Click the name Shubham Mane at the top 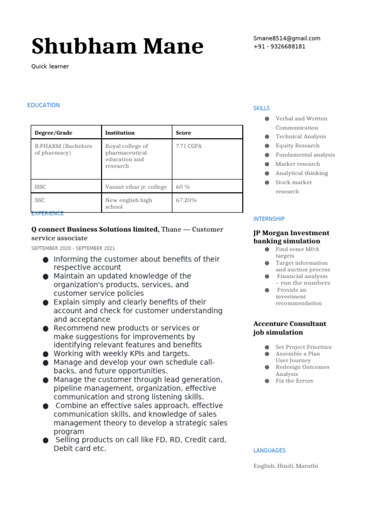(x=117, y=47)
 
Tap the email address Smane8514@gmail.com (x=287, y=38)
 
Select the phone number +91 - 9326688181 (x=279, y=47)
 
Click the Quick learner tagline (x=50, y=67)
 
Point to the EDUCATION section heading (x=43, y=105)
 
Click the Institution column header (x=120, y=133)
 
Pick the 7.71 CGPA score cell (x=189, y=146)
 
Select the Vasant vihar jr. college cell (x=136, y=187)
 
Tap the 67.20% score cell (x=186, y=200)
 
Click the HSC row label (x=40, y=187)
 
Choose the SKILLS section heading (x=262, y=108)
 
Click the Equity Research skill (x=297, y=145)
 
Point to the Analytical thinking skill (x=302, y=173)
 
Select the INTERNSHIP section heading (x=269, y=219)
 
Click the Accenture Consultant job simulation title (x=290, y=328)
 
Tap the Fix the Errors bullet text (x=294, y=381)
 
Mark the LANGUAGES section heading (x=269, y=450)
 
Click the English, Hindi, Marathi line (x=286, y=466)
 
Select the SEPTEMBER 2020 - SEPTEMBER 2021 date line (x=73, y=249)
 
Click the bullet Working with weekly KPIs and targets (x=121, y=354)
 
